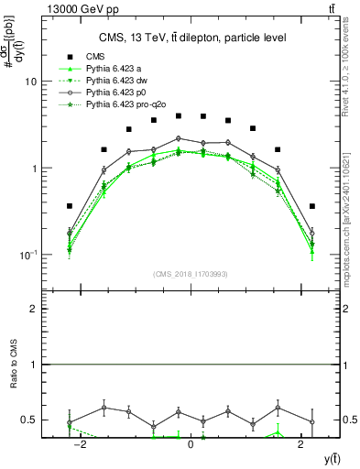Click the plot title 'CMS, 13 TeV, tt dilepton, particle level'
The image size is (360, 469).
tap(191, 38)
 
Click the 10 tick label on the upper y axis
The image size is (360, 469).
tap(30, 82)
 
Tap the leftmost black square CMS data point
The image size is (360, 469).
tap(70, 206)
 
